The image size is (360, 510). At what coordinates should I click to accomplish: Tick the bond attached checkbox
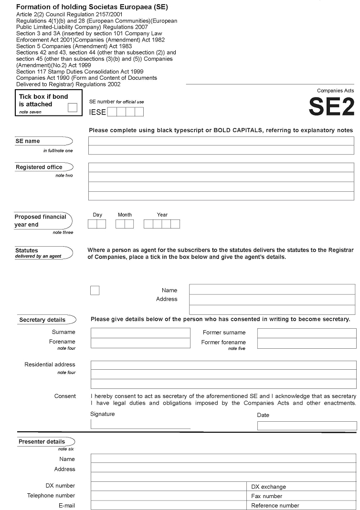tap(72, 107)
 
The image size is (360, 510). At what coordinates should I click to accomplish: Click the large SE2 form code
tap(331, 107)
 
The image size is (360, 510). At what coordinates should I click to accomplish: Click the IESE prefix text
tap(97, 112)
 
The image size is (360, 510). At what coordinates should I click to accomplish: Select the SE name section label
tap(28, 141)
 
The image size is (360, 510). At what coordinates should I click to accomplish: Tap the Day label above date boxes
tap(97, 215)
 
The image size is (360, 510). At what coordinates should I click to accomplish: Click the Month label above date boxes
tap(125, 215)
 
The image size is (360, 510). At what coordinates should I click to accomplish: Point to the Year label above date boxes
tap(162, 215)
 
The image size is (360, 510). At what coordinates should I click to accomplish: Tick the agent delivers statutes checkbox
tap(95, 290)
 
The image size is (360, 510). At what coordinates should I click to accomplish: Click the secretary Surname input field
tap(140, 333)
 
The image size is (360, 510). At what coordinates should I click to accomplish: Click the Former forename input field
tap(307, 343)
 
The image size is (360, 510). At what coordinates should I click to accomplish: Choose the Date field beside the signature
tap(307, 426)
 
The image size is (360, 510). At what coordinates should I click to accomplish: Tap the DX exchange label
tap(269, 487)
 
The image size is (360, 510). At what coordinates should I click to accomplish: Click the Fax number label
tap(267, 496)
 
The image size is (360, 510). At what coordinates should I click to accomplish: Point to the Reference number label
tap(275, 506)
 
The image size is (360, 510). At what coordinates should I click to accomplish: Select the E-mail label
tap(67, 506)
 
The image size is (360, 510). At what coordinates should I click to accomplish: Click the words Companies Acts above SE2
tap(336, 91)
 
